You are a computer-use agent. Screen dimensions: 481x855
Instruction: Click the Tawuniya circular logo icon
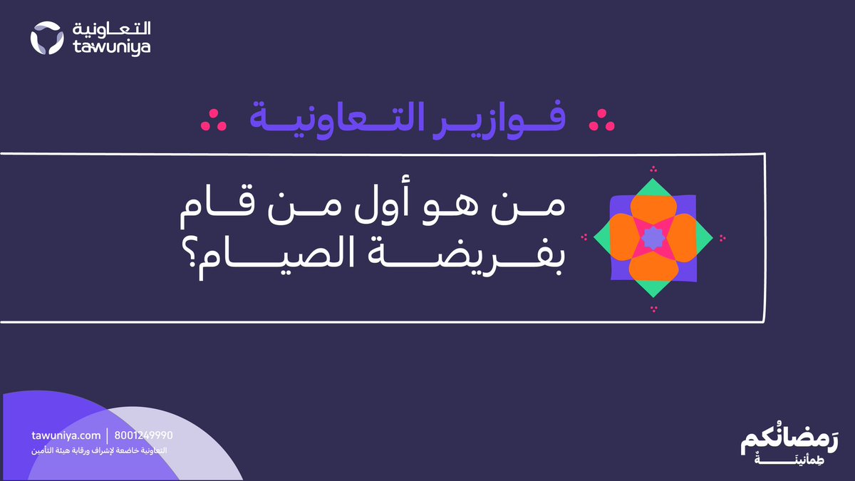pos(48,38)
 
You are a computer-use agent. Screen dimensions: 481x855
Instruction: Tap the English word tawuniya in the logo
pos(112,47)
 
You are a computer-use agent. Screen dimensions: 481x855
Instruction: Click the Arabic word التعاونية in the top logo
pos(112,29)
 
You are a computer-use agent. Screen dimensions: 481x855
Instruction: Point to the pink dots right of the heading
pos(601,121)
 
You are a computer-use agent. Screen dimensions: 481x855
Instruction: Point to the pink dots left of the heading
pos(212,121)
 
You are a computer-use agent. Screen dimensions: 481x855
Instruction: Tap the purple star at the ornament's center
pos(653,238)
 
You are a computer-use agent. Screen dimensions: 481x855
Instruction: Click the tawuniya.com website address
pos(66,435)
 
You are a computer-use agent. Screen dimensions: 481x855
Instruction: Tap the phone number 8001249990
pos(143,435)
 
